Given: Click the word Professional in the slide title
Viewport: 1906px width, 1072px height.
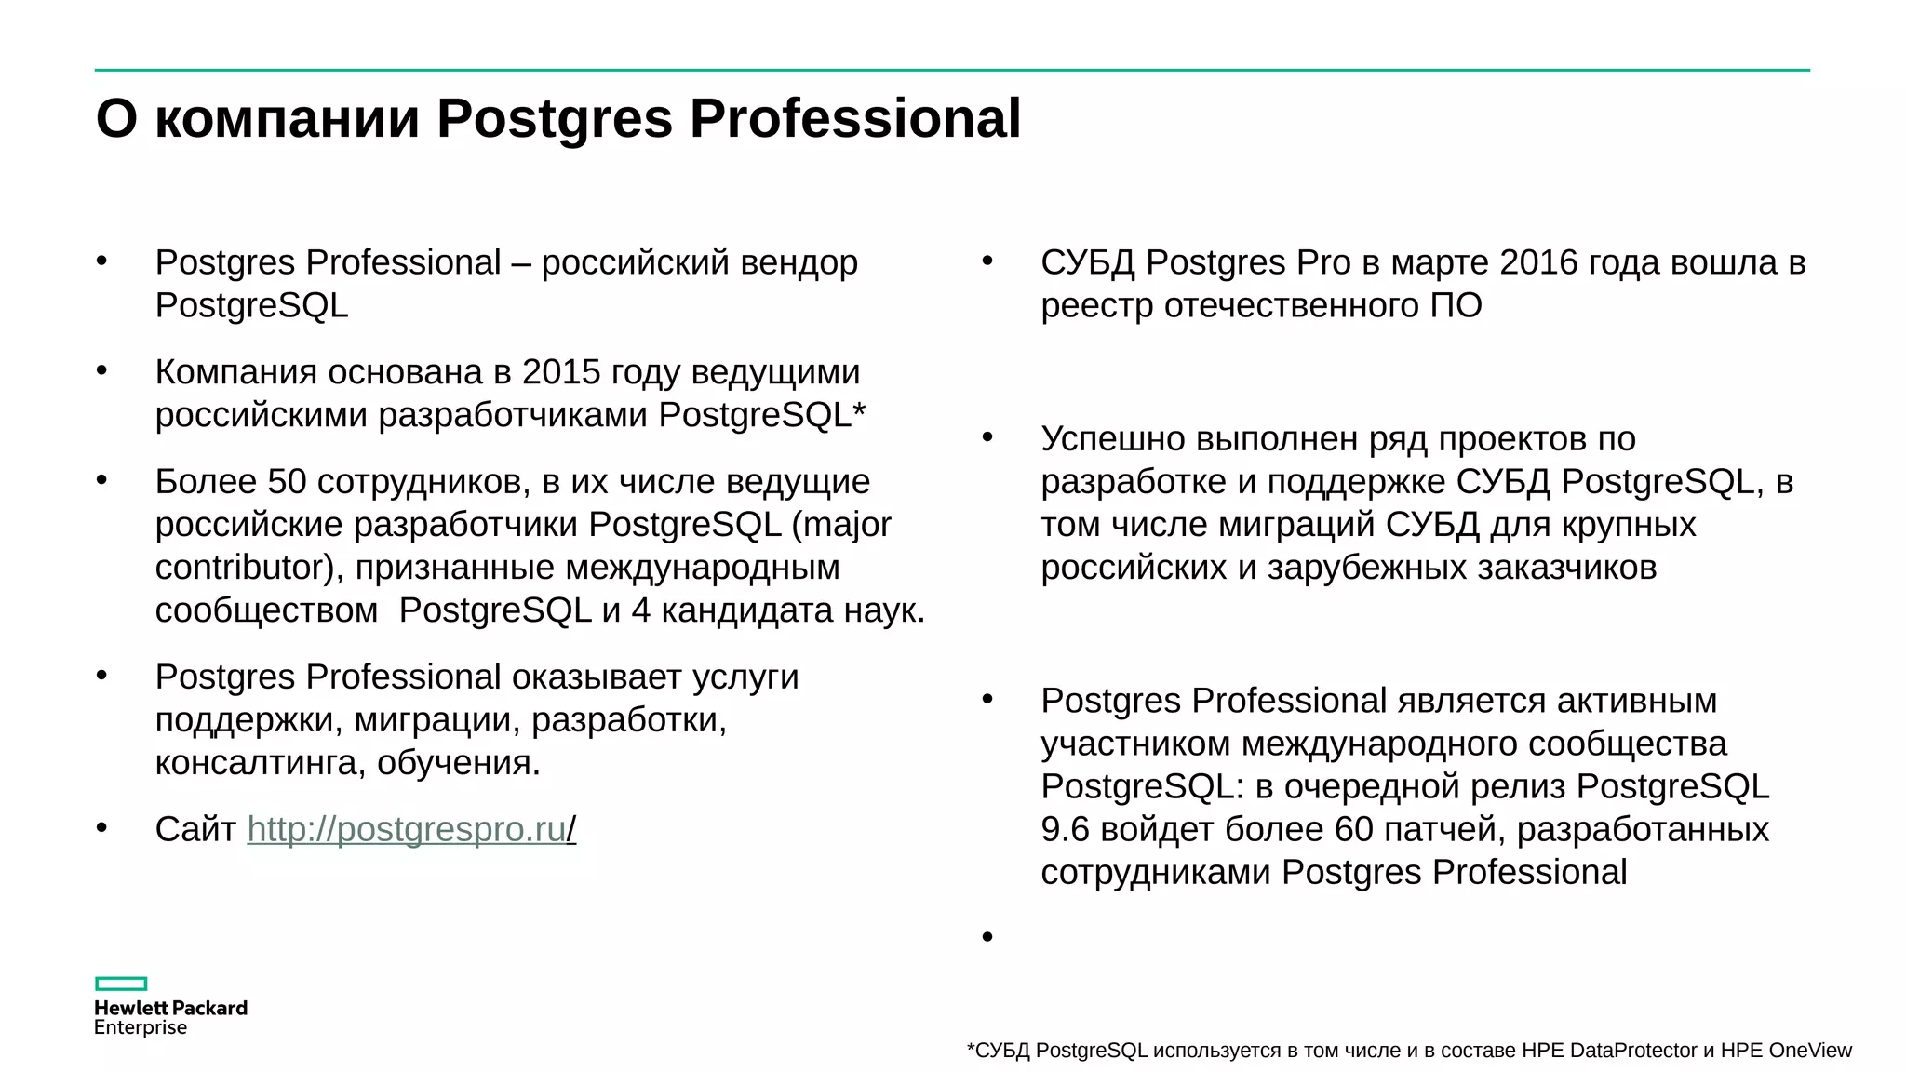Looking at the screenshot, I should pos(854,119).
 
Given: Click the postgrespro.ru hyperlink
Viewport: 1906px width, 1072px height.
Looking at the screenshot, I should pos(407,829).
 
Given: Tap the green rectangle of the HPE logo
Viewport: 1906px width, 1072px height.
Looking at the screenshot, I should pos(121,984).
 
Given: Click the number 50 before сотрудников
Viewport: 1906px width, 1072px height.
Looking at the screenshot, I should pos(287,482).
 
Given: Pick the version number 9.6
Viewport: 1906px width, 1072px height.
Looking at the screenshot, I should pos(1065,829).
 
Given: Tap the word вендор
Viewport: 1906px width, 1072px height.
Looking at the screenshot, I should pos(799,263).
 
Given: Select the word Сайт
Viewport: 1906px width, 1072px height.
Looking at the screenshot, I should pos(195,829).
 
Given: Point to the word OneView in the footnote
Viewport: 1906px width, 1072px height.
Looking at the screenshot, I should pos(1810,1051).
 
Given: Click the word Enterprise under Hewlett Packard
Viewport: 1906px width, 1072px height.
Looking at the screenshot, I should pos(141,1027).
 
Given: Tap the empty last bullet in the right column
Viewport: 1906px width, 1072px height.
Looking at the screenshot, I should pos(987,937).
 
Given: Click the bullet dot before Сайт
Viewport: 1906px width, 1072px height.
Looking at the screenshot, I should pos(101,827).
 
